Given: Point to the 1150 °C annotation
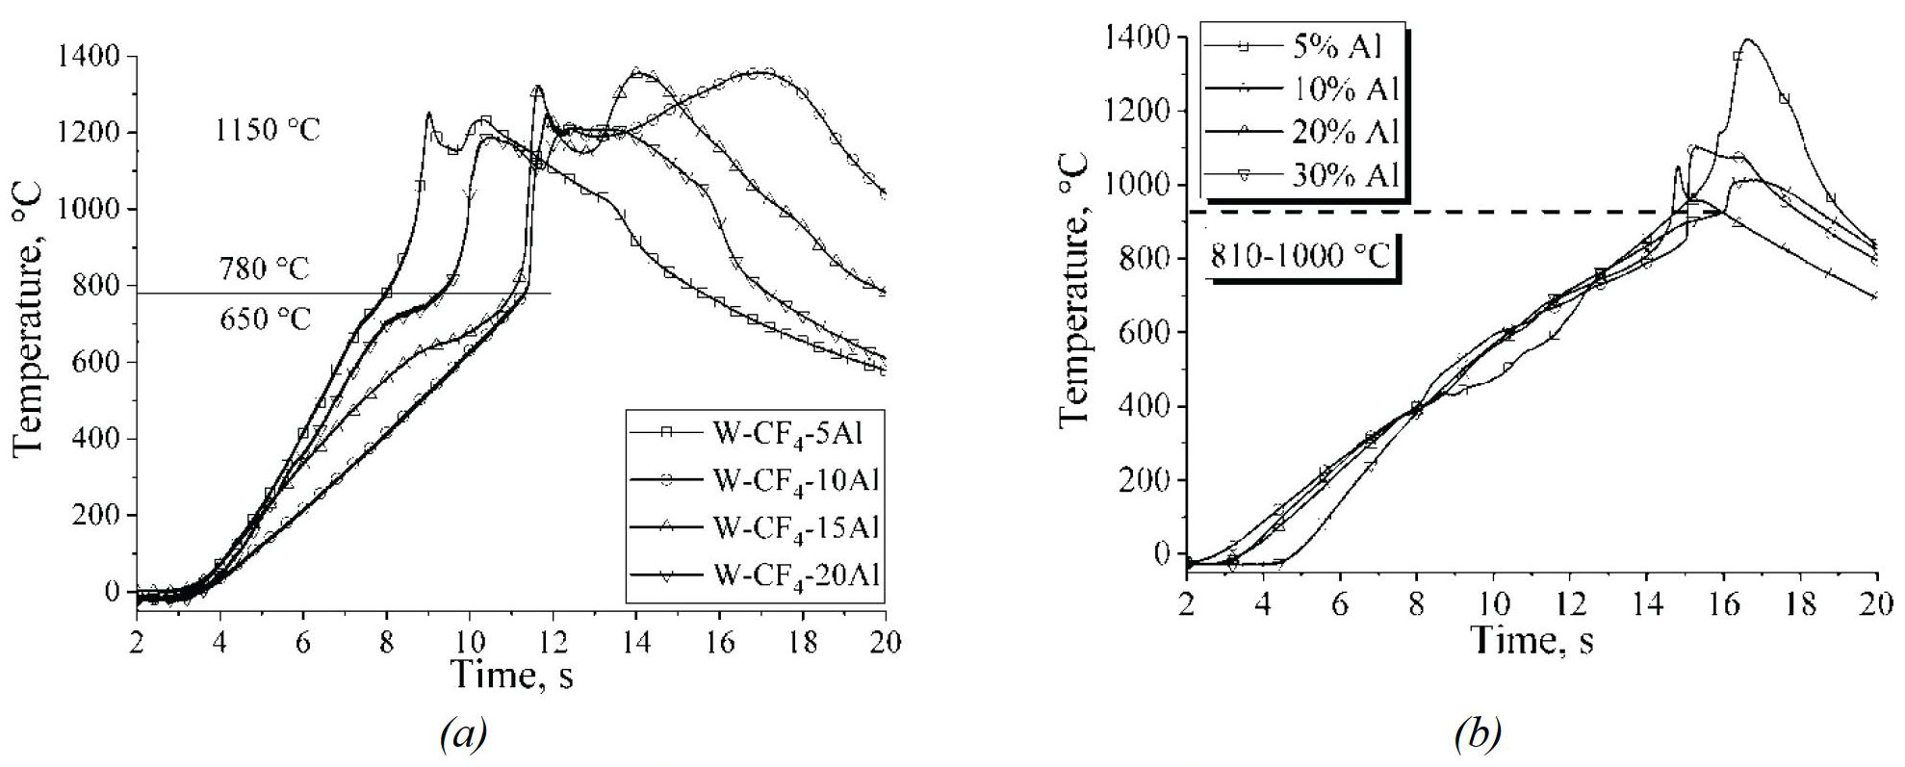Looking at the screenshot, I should pos(268,130).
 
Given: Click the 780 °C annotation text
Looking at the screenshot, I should pos(263,268).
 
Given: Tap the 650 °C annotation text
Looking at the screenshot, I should pos(265,319).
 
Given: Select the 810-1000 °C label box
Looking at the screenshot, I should pos(1301,256).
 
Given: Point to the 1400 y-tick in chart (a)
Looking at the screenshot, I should pos(91,57).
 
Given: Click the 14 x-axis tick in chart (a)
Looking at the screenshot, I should pos(635,642).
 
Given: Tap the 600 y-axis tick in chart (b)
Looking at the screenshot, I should pos(1142,332).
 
